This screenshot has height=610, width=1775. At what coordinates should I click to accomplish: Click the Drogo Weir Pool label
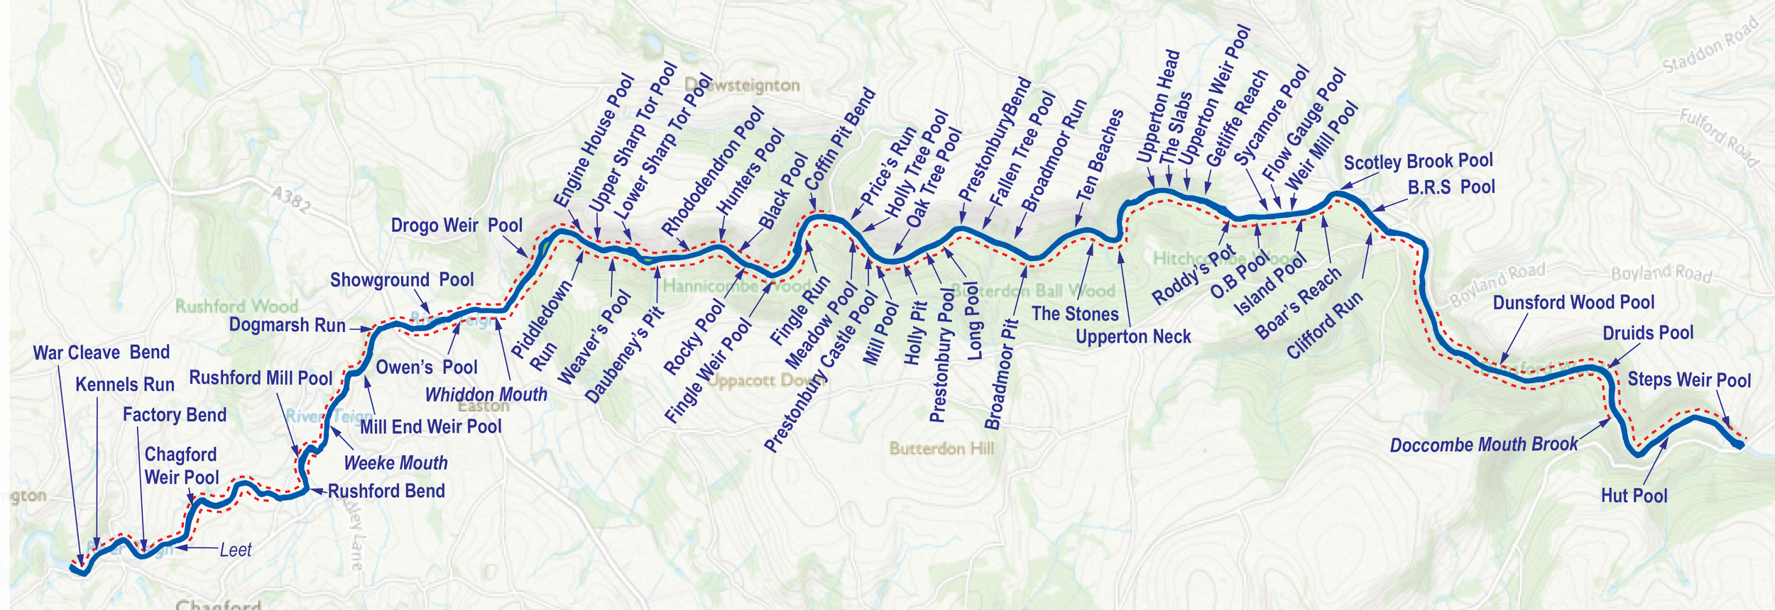(457, 226)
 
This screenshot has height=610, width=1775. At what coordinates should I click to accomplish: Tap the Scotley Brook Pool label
(1418, 162)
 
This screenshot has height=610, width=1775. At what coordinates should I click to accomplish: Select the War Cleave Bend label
(102, 353)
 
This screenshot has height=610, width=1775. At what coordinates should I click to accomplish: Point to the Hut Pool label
(1634, 496)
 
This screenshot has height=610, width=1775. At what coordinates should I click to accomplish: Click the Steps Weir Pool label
(1689, 380)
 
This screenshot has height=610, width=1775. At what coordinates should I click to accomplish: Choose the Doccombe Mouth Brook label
(1483, 445)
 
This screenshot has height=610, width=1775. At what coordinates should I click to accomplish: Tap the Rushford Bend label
(386, 491)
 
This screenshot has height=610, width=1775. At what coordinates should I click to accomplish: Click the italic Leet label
(235, 550)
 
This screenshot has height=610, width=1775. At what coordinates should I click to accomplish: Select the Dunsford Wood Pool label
(1573, 303)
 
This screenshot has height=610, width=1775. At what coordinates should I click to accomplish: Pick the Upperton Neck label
(1133, 337)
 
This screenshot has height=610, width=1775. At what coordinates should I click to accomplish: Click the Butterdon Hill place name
(941, 448)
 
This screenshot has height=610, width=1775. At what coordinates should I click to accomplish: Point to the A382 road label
(291, 199)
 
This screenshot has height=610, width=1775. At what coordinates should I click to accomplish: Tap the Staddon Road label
(1711, 44)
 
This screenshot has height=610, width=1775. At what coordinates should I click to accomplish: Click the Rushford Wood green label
(236, 306)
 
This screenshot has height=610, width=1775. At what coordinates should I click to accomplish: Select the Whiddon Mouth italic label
(486, 395)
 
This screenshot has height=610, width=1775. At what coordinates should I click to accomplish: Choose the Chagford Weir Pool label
(181, 466)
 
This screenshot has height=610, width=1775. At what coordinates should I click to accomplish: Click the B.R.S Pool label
(1451, 187)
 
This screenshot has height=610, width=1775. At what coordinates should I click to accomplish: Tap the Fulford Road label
(1718, 138)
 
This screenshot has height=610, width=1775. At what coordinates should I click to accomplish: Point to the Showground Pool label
(401, 280)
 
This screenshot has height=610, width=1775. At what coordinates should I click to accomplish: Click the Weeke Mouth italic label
(395, 463)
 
